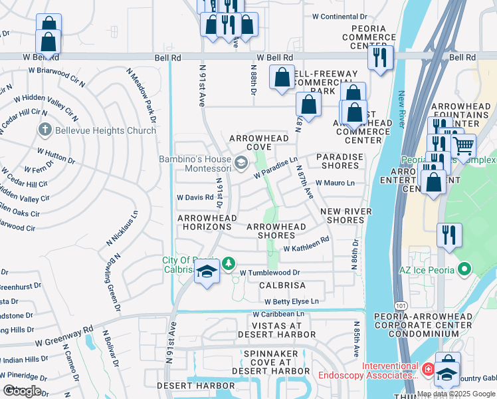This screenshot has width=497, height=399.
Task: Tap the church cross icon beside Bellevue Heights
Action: pos(45,130)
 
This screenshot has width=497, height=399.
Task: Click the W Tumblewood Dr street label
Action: pos(270,273)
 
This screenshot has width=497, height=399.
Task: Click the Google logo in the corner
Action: pos(22,391)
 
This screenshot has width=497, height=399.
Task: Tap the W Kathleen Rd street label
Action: pos(306,245)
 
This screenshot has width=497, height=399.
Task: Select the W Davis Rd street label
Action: pos(194,198)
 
